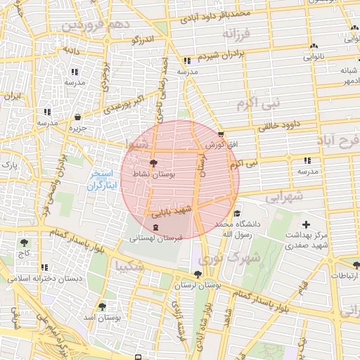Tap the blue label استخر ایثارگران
[x=104, y=180]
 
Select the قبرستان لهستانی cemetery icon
[x=155, y=228]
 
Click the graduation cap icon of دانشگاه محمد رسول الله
[x=237, y=214]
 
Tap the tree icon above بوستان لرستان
[x=196, y=275]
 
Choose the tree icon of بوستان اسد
[x=103, y=307]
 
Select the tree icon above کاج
[x=25, y=243]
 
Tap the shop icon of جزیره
[x=77, y=117]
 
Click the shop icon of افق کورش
[x=221, y=134]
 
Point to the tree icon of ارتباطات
[x=356, y=265]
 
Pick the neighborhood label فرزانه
[x=237, y=33]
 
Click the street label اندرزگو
[x=142, y=41]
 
